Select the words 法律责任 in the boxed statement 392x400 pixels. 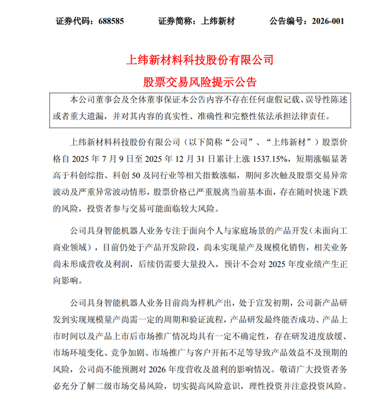316,117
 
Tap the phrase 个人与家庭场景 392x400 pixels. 246,231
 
